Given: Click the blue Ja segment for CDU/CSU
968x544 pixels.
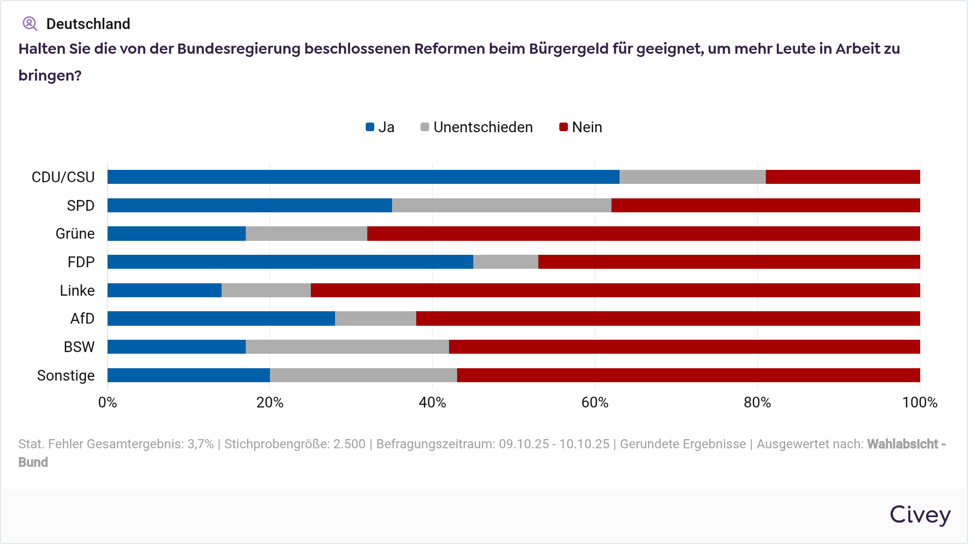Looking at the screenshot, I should (363, 177).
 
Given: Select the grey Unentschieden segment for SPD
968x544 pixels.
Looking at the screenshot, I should (501, 205).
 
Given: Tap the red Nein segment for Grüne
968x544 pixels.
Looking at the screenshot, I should (643, 234).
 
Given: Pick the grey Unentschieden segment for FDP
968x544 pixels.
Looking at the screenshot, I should (506, 262).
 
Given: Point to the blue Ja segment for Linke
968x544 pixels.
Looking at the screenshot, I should (165, 290).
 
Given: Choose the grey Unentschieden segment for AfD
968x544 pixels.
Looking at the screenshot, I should (375, 319).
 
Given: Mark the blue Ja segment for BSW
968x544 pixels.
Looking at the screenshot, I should (176, 347).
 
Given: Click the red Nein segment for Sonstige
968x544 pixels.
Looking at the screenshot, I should (688, 375).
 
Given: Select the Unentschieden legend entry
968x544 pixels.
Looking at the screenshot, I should (477, 127).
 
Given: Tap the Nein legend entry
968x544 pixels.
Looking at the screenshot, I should (581, 127).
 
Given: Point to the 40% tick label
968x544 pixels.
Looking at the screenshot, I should (432, 403).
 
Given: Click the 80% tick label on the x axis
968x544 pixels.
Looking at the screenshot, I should (757, 403).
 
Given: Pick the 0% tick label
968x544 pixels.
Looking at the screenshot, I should (108, 403).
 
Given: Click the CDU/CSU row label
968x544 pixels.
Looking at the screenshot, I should (63, 177).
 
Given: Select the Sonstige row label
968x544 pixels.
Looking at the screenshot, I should (66, 375).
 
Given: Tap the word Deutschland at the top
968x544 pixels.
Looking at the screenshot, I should (88, 24).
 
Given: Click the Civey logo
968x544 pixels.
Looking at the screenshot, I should (920, 515).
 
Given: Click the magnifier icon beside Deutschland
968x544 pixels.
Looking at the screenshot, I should (30, 24).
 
